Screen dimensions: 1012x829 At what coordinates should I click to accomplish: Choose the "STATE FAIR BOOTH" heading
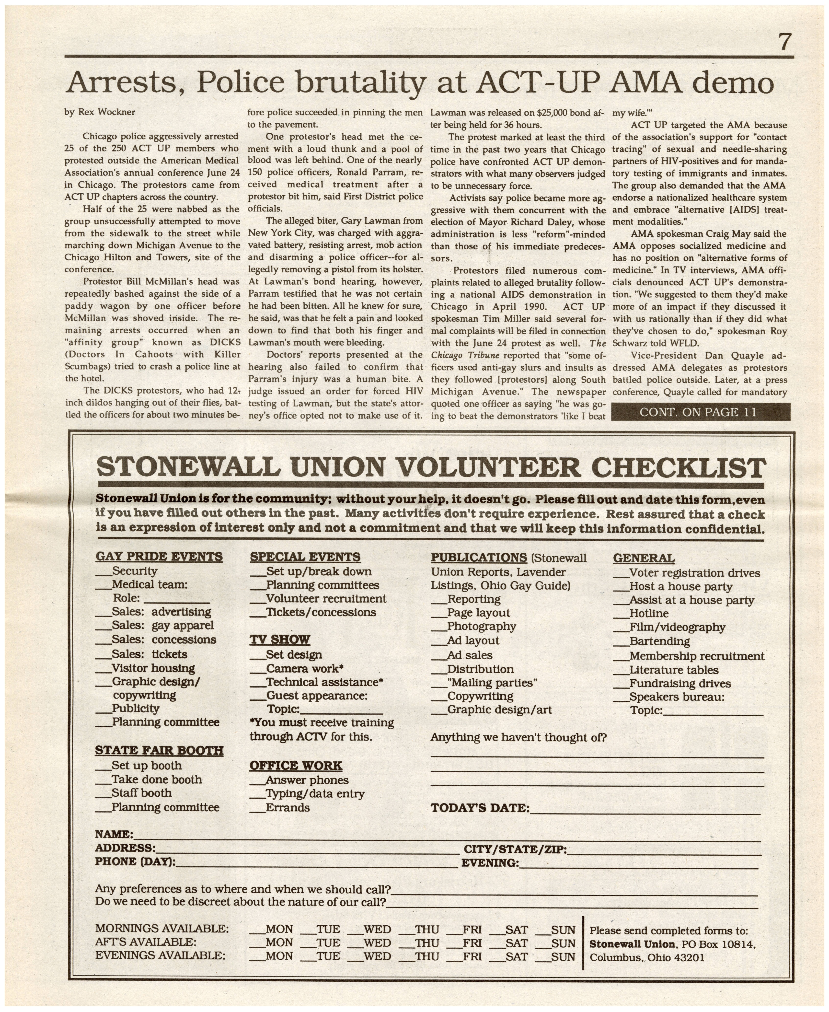tap(159, 751)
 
